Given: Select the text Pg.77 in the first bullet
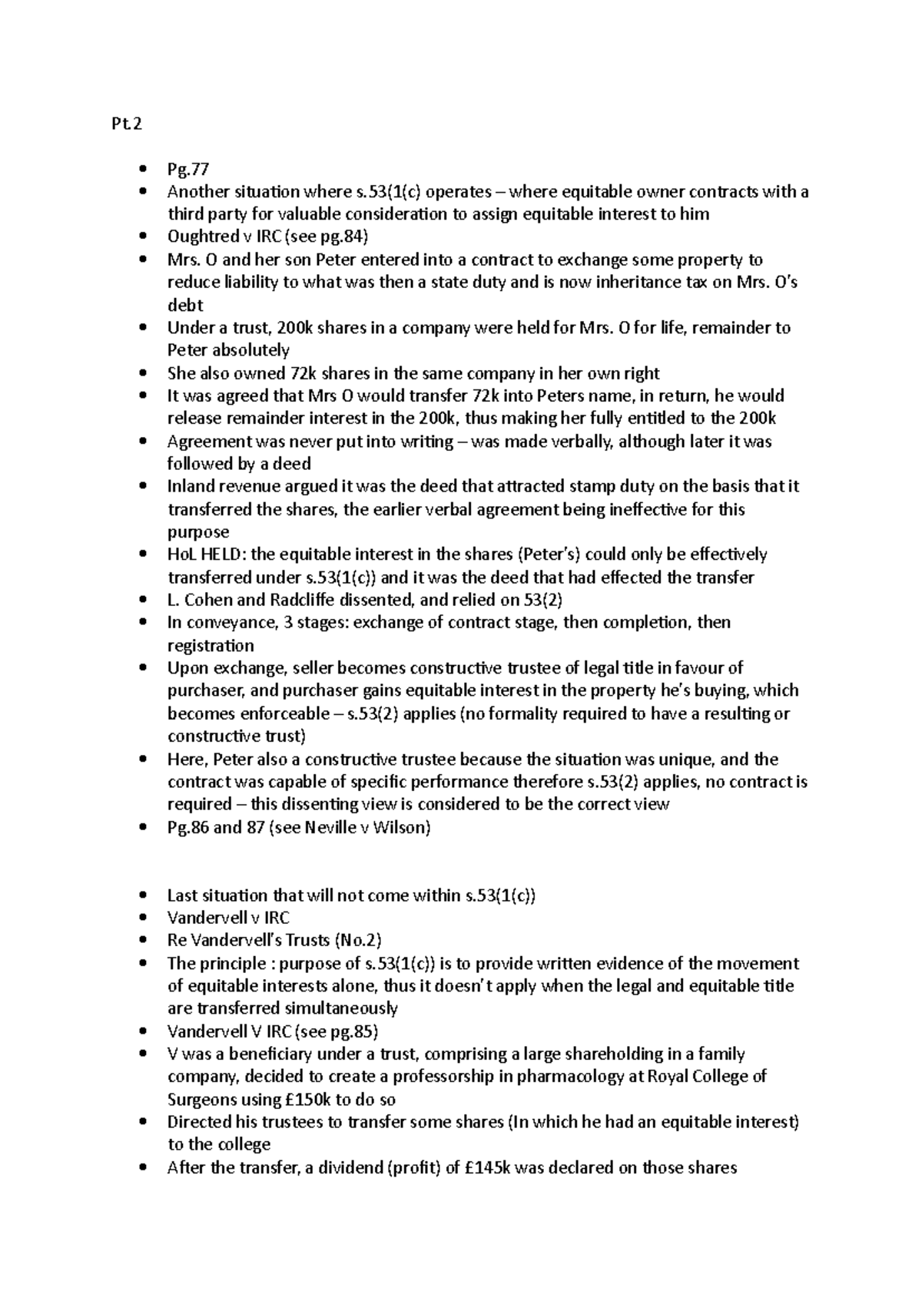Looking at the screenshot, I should tap(187, 169).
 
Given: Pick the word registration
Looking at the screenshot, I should tap(211, 645).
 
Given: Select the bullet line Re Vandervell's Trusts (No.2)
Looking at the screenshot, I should tap(274, 941).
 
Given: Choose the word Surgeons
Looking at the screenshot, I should tap(201, 1099).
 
